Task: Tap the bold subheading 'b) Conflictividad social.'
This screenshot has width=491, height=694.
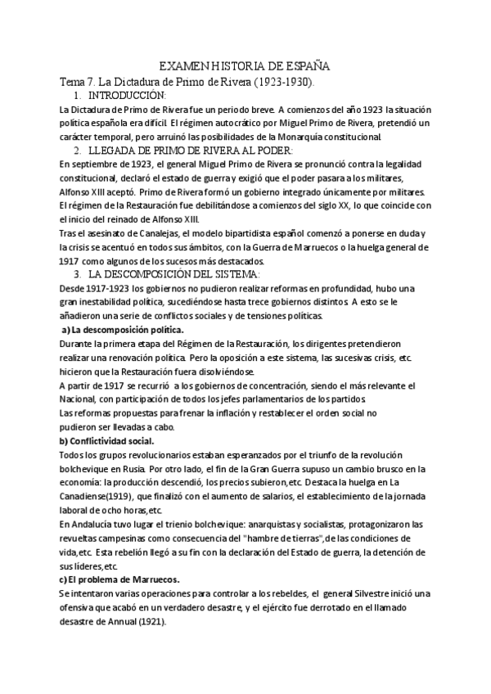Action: (106, 440)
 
